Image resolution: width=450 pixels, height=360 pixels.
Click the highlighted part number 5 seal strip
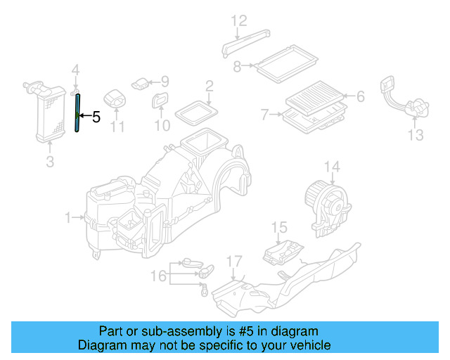tap(77, 112)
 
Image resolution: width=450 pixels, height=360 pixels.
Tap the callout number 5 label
tap(96, 117)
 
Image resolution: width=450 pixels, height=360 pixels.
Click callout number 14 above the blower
tap(331, 167)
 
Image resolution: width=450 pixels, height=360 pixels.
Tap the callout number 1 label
tap(69, 219)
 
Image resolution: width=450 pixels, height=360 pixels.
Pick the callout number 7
tap(264, 113)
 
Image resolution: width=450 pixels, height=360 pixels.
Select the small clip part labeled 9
tap(143, 83)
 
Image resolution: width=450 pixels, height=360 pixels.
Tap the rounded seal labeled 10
tap(161, 102)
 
